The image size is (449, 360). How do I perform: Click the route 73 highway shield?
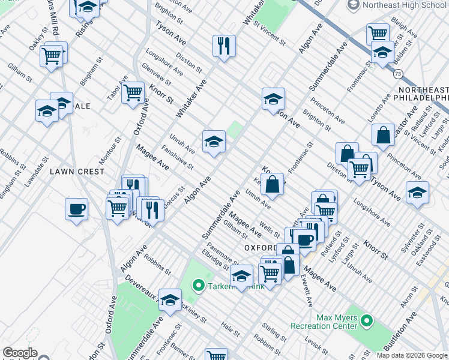click(398, 74)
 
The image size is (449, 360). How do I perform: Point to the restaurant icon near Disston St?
click(224, 46)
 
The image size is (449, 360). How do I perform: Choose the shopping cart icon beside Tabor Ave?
click(133, 93)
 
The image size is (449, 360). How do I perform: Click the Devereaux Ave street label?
click(142, 289)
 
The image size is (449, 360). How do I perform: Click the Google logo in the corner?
click(20, 353)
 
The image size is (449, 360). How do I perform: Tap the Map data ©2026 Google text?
click(412, 355)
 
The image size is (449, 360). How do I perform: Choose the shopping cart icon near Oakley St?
click(52, 56)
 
